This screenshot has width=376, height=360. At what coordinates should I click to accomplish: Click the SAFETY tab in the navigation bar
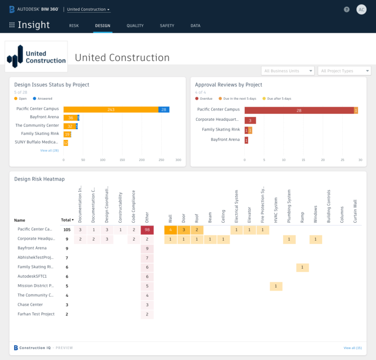pyautogui.click(x=167, y=25)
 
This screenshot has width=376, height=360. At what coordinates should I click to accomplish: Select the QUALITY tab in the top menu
pyautogui.click(x=135, y=25)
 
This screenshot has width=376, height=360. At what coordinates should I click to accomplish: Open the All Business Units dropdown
pyautogui.click(x=287, y=71)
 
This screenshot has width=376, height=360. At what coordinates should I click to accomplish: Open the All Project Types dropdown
pyautogui.click(x=344, y=71)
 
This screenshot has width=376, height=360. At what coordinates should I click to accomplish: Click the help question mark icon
pyautogui.click(x=347, y=9)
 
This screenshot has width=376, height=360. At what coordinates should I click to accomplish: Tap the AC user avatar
pyautogui.click(x=361, y=9)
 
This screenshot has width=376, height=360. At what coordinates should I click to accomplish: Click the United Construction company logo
pyautogui.click(x=36, y=57)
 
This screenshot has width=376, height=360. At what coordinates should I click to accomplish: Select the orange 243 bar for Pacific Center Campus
pyautogui.click(x=111, y=110)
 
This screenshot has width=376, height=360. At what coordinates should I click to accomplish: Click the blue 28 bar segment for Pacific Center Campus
pyautogui.click(x=164, y=110)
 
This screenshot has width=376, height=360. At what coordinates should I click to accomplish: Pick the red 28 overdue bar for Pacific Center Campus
pyautogui.click(x=299, y=110)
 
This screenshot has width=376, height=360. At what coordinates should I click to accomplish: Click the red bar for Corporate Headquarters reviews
pyautogui.click(x=250, y=120)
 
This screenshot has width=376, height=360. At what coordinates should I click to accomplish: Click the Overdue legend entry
pyautogui.click(x=204, y=98)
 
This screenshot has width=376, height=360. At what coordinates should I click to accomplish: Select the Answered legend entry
pyautogui.click(x=43, y=98)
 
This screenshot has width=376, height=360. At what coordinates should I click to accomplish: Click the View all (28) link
pyautogui.click(x=49, y=151)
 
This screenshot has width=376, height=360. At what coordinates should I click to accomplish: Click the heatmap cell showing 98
pyautogui.click(x=147, y=230)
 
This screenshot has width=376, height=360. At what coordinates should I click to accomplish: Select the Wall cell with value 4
pyautogui.click(x=170, y=230)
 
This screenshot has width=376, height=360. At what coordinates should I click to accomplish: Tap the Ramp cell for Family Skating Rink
pyautogui.click(x=302, y=268)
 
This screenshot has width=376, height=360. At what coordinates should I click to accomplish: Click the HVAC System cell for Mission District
pyautogui.click(x=276, y=286)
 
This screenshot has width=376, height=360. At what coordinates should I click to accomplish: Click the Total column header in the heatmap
pyautogui.click(x=66, y=220)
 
